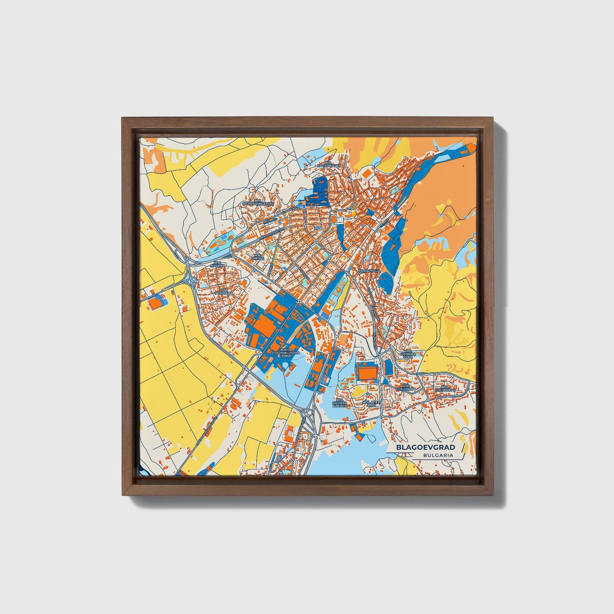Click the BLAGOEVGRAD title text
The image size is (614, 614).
tap(425, 447)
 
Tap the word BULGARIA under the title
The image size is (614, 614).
tap(438, 455)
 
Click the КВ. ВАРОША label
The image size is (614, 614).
tap(368, 270)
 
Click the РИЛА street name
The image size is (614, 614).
tap(421, 373)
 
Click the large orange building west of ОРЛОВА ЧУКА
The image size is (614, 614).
tap(367, 373)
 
